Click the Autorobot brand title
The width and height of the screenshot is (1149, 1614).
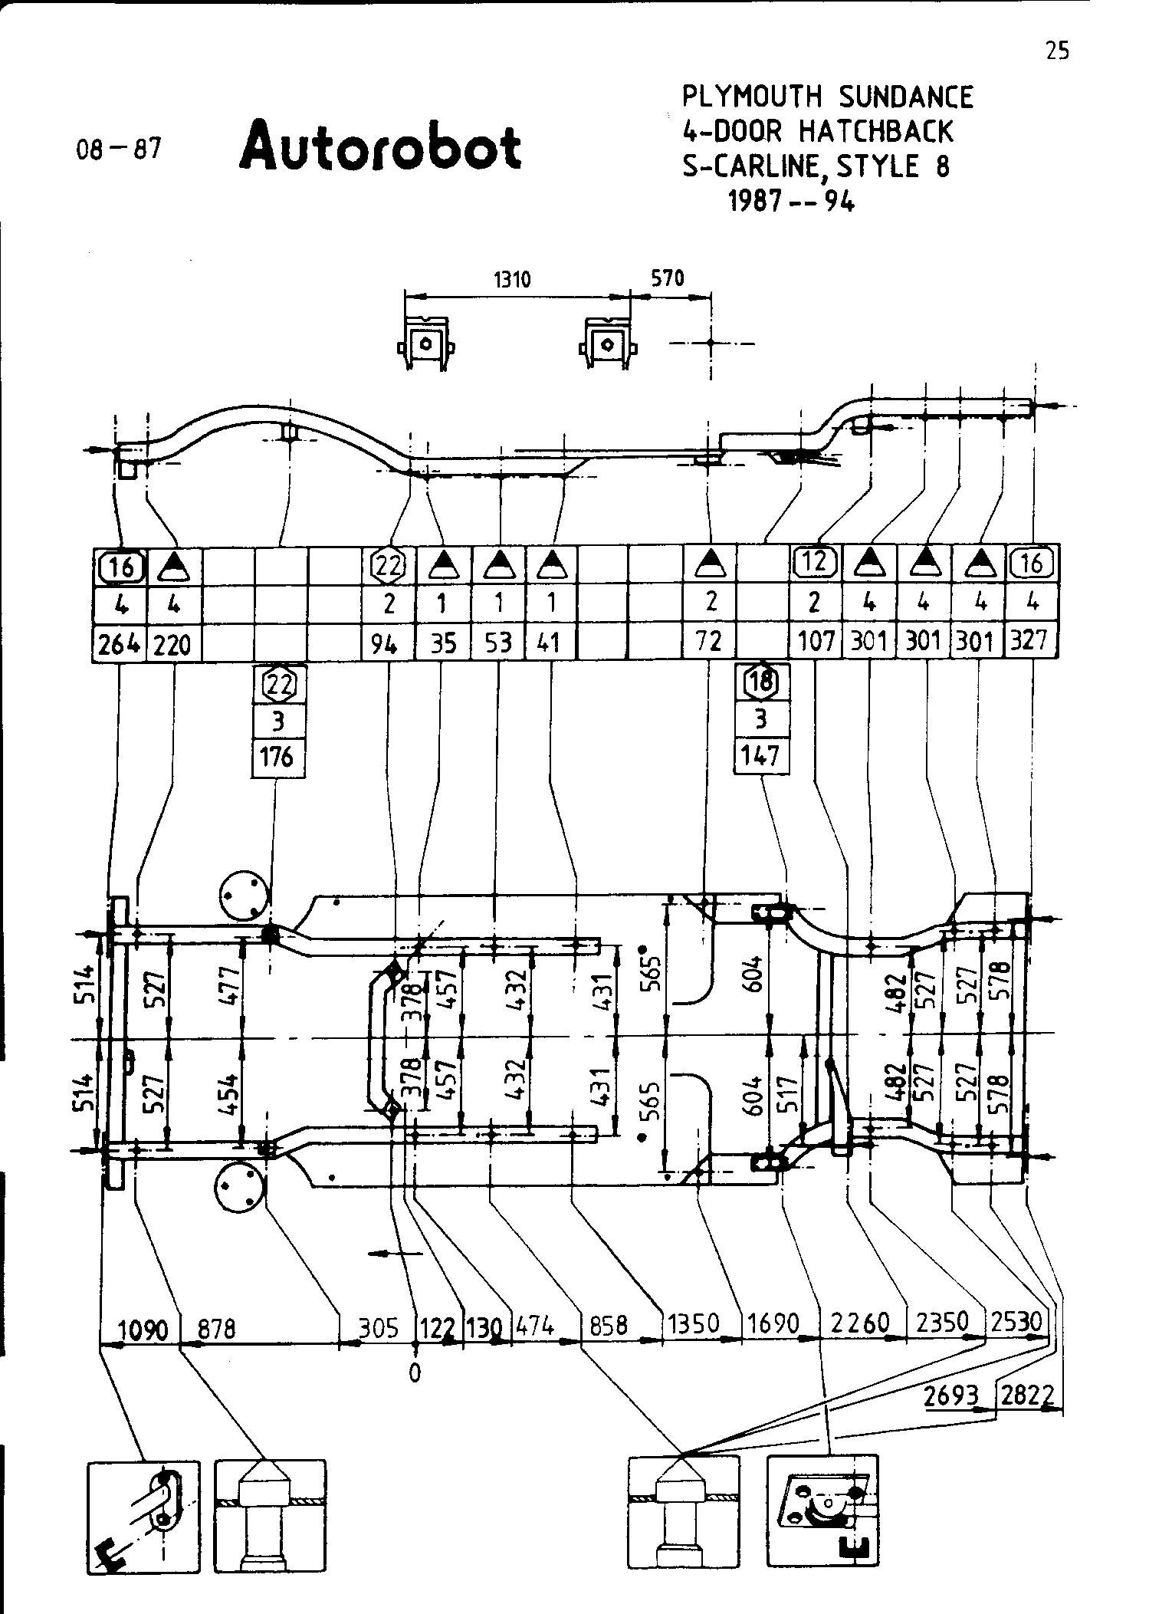click(x=380, y=145)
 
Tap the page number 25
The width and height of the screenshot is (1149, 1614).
click(x=1057, y=51)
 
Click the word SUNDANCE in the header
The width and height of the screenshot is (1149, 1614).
click(x=906, y=97)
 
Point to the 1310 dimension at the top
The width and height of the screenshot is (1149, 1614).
click(x=511, y=279)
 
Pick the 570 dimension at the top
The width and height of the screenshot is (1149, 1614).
click(x=667, y=278)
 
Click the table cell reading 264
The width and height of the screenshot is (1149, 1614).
click(x=119, y=643)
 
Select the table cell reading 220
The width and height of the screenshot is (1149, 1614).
click(x=172, y=643)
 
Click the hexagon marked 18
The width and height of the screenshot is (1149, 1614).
click(x=760, y=681)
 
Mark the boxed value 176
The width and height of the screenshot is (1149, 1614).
click(x=277, y=757)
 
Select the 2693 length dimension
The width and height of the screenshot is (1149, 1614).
click(x=951, y=1396)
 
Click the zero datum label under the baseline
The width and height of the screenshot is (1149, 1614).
click(x=415, y=1372)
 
